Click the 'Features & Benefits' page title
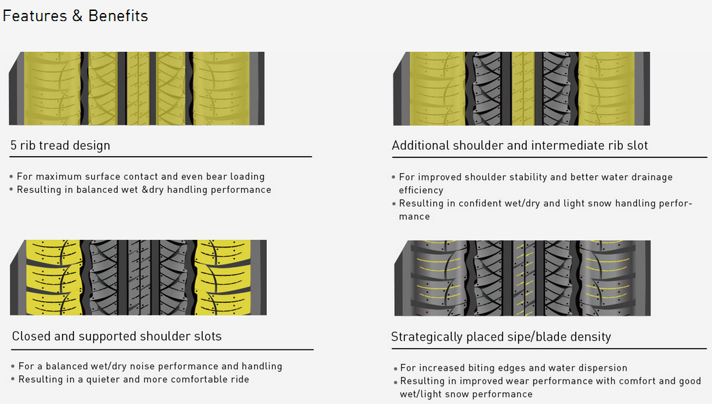[75, 16]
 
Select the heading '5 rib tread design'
[60, 145]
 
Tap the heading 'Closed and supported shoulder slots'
[116, 336]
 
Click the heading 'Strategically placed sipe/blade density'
[501, 337]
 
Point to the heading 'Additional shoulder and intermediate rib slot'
[520, 145]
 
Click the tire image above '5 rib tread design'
[136, 89]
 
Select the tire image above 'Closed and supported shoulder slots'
[138, 277]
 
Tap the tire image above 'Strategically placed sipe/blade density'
[522, 278]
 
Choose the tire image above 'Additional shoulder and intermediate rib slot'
[521, 89]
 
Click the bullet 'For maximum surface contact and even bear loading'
[140, 176]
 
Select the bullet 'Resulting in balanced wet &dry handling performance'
[144, 189]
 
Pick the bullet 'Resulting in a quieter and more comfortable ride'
[133, 379]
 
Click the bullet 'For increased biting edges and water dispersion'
[513, 368]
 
